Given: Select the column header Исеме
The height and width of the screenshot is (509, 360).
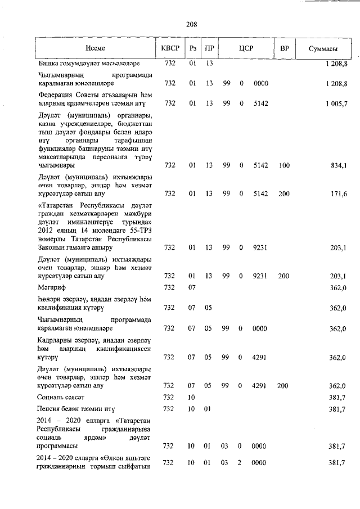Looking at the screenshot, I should [95, 48].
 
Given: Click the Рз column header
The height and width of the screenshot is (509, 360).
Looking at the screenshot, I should [192, 48].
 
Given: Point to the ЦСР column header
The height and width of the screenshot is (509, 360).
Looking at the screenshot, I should [246, 48].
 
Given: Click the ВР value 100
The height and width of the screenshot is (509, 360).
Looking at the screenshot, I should [284, 165].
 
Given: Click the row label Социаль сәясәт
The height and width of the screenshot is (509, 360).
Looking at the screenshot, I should [60, 397].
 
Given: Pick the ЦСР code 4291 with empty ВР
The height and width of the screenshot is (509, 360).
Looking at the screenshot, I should [260, 357].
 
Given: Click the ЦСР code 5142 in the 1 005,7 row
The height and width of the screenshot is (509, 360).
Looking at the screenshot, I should [260, 103].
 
